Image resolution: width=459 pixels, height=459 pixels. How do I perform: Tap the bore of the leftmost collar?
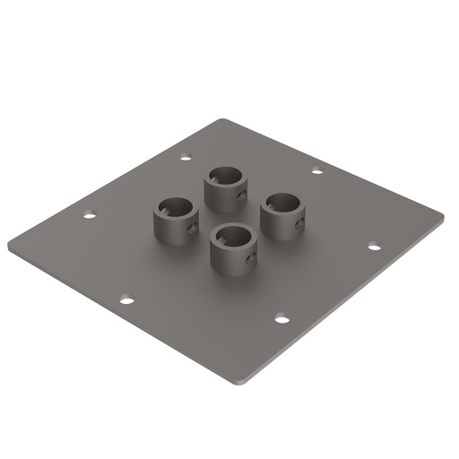click(176, 207)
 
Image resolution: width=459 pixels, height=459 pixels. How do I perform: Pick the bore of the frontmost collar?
click(232, 237)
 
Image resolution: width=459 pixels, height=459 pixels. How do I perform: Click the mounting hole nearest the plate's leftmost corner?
click(89, 214)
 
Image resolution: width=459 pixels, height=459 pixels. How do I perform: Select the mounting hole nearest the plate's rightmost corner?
click(374, 246)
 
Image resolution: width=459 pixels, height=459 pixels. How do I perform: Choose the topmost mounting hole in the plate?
click(186, 158)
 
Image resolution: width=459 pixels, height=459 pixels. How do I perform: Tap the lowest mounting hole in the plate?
click(281, 318)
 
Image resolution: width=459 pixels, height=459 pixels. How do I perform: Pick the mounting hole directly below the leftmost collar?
click(127, 299)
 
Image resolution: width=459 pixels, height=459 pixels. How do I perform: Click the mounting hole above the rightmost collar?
click(316, 170)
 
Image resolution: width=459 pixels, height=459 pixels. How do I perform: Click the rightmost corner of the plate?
click(443, 214)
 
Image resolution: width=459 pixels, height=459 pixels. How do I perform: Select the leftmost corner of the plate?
click(9, 244)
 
